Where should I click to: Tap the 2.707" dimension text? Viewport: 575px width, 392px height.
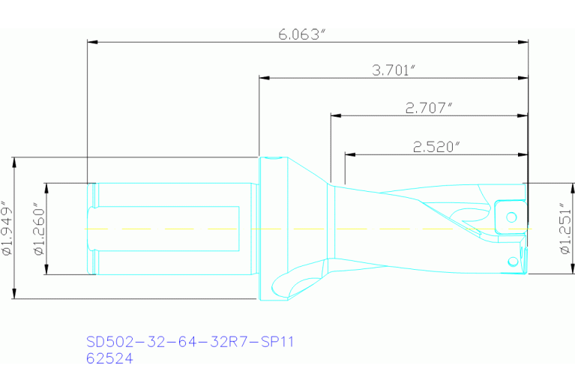[429, 108]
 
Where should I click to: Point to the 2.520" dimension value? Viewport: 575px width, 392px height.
[436, 147]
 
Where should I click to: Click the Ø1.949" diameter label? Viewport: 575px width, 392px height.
[7, 229]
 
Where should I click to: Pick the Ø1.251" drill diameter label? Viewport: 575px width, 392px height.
[566, 229]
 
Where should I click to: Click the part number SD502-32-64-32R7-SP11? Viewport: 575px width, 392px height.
[190, 343]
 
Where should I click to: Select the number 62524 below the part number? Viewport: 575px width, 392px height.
[109, 359]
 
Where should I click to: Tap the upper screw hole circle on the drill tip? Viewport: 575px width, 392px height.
[512, 217]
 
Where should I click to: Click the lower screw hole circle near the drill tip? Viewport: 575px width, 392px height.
[512, 261]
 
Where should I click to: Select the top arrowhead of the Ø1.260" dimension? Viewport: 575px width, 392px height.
[46, 187]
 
